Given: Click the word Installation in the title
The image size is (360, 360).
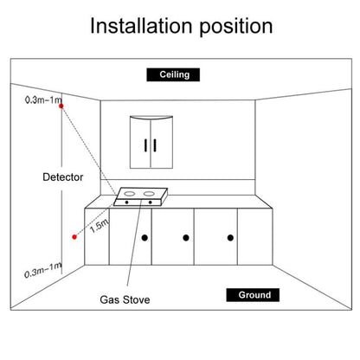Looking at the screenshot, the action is click(x=141, y=26).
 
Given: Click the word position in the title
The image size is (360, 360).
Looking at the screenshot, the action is click(x=236, y=28).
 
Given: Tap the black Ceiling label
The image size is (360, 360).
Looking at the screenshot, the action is click(x=173, y=74).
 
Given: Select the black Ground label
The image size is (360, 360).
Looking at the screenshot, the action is click(x=253, y=295).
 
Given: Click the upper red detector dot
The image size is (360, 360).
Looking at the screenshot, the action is click(x=61, y=106).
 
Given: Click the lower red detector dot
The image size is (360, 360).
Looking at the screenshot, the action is click(x=74, y=237).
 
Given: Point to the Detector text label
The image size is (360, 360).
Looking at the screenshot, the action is click(x=63, y=177).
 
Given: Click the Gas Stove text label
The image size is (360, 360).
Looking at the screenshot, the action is click(x=125, y=299).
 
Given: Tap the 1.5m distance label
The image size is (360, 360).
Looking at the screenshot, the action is click(x=99, y=226).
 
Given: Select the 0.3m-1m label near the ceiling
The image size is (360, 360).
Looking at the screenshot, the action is click(x=43, y=100).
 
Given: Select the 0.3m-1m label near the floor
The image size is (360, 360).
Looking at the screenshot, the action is click(x=42, y=270).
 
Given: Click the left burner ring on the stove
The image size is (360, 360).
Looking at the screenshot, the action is click(x=130, y=194).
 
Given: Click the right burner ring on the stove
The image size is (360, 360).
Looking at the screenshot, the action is click(x=149, y=194).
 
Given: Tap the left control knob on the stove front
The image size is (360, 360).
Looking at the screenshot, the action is click(x=126, y=202).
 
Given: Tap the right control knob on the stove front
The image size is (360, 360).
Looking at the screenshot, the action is click(x=150, y=202).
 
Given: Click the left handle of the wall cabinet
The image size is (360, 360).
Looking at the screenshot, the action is click(x=145, y=145).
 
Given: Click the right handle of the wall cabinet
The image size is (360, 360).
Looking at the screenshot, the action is click(x=155, y=145).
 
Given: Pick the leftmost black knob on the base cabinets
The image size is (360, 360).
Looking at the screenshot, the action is click(x=145, y=238).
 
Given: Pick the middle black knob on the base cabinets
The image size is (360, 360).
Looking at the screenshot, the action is click(x=186, y=238).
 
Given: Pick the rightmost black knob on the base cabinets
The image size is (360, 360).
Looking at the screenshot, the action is click(x=230, y=238).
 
